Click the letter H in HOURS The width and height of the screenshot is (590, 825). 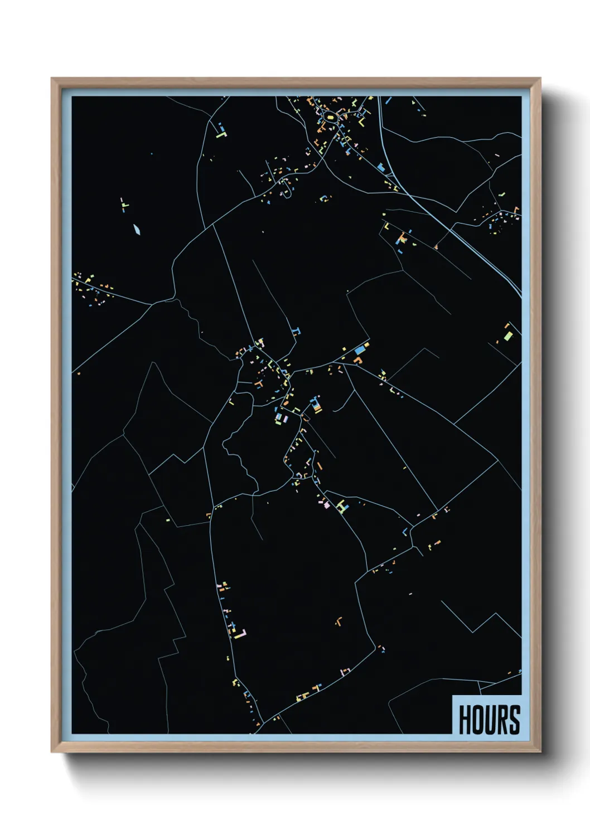466,720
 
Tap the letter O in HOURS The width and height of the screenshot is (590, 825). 478,720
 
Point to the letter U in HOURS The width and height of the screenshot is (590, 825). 491,720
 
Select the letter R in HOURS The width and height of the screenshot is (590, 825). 503,720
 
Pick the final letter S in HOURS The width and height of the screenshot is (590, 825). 515,720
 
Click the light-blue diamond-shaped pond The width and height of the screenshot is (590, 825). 137,229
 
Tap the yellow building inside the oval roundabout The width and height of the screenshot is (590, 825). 330,118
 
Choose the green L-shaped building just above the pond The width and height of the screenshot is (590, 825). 124,205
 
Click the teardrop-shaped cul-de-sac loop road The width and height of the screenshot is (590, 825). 286,190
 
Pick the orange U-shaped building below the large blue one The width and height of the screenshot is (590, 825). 357,360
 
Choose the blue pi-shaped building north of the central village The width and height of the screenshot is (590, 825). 297,330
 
